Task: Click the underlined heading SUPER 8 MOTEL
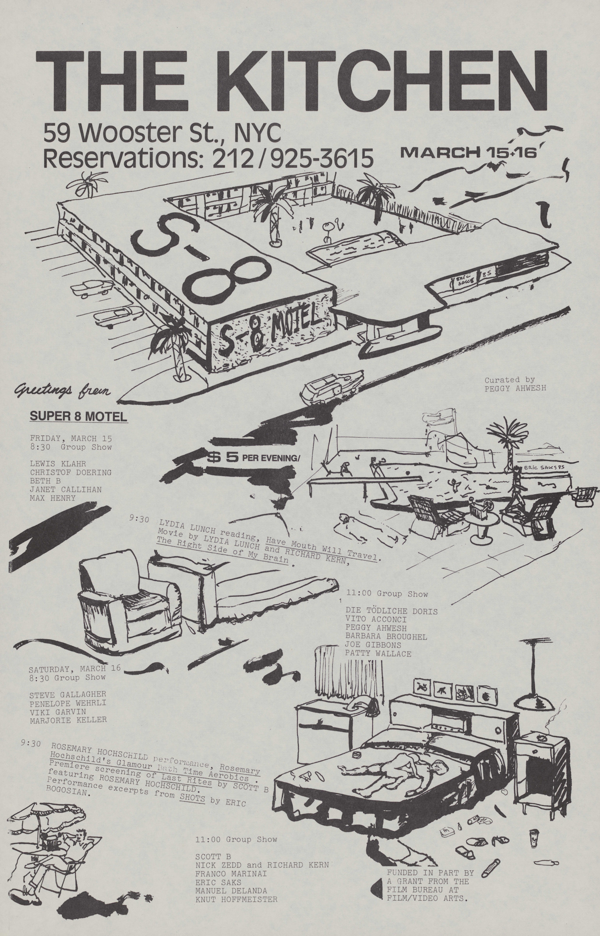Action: [78, 416]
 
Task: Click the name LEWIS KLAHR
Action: [58, 464]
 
